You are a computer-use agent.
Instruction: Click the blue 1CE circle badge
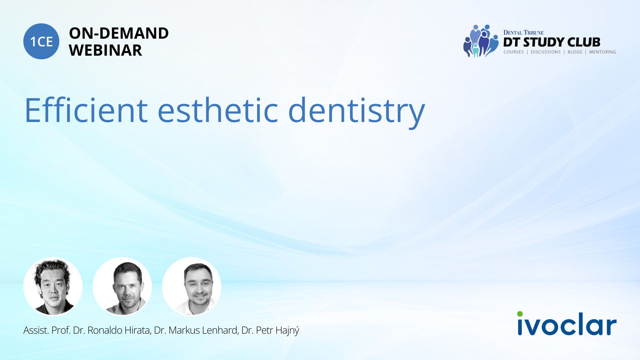click(x=41, y=41)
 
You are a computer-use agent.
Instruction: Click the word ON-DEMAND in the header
click(x=119, y=33)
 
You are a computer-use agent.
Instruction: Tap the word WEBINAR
click(x=105, y=50)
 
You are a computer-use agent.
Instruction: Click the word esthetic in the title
click(x=218, y=110)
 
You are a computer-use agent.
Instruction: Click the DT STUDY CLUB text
click(x=552, y=42)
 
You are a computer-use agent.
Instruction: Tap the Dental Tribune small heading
click(x=523, y=33)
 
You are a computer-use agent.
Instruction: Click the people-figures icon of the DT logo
click(x=480, y=41)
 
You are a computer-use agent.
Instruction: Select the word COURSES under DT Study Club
click(x=514, y=52)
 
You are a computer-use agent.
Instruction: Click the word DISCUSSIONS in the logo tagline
click(x=546, y=52)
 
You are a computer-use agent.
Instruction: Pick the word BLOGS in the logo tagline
click(x=575, y=52)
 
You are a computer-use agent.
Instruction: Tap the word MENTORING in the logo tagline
click(x=602, y=52)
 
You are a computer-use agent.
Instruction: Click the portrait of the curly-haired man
click(x=53, y=287)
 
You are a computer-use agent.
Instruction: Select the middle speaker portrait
click(x=122, y=287)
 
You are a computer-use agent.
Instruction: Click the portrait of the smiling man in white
click(x=192, y=287)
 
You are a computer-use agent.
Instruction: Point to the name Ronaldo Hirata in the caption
click(x=119, y=330)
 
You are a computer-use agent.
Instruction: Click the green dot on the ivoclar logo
click(x=520, y=314)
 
